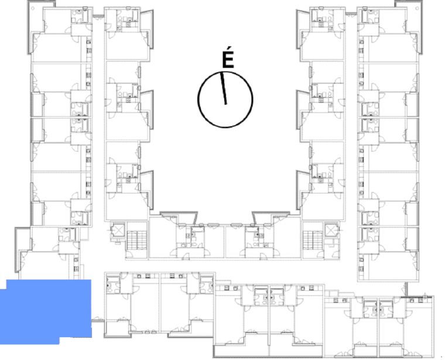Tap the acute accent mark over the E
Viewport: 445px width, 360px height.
[x=229, y=49]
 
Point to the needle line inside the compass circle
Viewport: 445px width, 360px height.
[x=223, y=88]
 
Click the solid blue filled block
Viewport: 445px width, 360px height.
[x=46, y=311]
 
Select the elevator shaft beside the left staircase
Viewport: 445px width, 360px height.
[x=118, y=230]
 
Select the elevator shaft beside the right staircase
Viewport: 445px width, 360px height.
[x=331, y=230]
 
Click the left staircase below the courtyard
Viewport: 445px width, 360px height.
[x=137, y=240]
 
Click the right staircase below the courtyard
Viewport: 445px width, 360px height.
[x=313, y=240]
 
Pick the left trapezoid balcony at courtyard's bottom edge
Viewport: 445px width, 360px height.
[x=179, y=217]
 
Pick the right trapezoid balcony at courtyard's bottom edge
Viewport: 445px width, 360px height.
[x=271, y=217]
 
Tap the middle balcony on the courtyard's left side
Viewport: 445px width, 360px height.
[x=148, y=110]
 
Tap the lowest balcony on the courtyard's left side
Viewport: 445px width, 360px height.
[x=148, y=190]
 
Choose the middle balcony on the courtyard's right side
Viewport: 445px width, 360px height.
[x=303, y=110]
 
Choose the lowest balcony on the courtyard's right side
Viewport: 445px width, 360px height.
[x=303, y=190]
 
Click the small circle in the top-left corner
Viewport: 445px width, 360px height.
[x=33, y=8]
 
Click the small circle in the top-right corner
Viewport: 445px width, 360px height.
[x=417, y=8]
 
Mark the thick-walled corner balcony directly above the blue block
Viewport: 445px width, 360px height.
[x=22, y=247]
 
